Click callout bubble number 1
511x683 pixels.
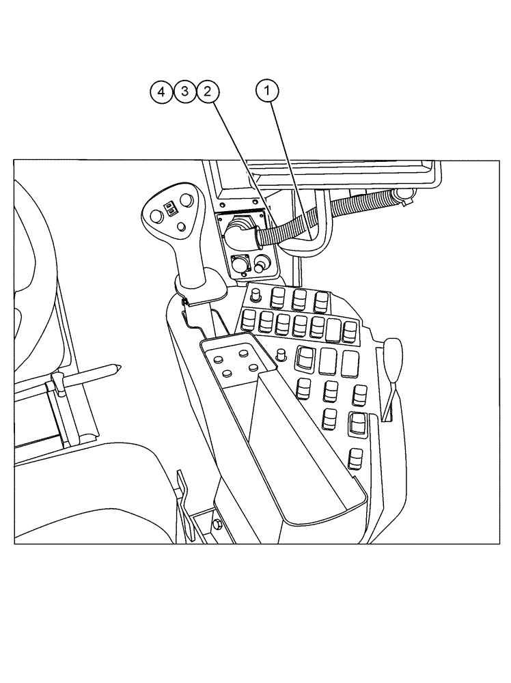point(267,91)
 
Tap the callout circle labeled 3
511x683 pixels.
point(184,91)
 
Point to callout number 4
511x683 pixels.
point(162,91)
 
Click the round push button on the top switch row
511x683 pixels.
point(257,295)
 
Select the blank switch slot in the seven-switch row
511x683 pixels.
point(334,331)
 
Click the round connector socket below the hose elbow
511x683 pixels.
point(240,264)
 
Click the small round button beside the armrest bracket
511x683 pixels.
point(281,354)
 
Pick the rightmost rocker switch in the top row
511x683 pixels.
point(320,301)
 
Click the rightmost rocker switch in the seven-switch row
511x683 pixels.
point(350,333)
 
